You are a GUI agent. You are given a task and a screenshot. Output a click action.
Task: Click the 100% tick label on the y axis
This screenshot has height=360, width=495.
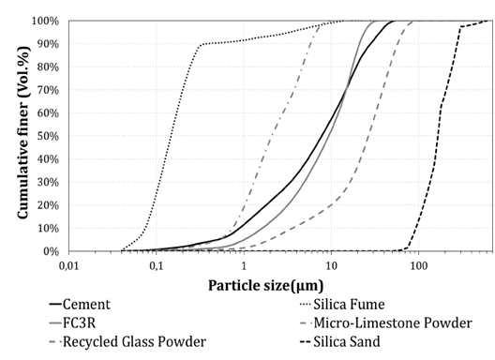[x=47, y=21]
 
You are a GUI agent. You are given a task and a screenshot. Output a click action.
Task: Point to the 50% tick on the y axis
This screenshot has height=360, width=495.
[x=50, y=136]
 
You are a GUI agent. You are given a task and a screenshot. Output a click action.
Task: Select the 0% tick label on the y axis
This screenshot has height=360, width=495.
[x=52, y=251]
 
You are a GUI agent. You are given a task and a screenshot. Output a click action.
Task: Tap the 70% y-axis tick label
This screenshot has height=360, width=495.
[x=50, y=90]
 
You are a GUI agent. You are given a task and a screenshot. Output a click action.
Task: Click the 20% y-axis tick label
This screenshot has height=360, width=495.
[x=50, y=205]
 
